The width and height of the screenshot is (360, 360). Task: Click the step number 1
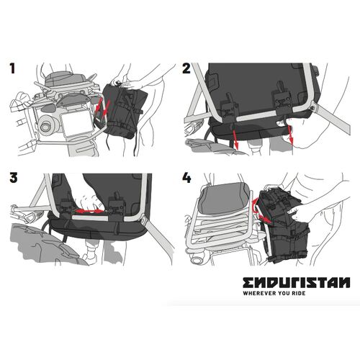point(12,69)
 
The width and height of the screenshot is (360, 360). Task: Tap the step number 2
point(186,69)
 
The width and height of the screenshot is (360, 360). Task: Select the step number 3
point(12,179)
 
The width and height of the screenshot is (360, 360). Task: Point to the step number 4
point(187,179)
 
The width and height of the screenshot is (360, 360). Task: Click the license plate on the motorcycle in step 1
point(74,122)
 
